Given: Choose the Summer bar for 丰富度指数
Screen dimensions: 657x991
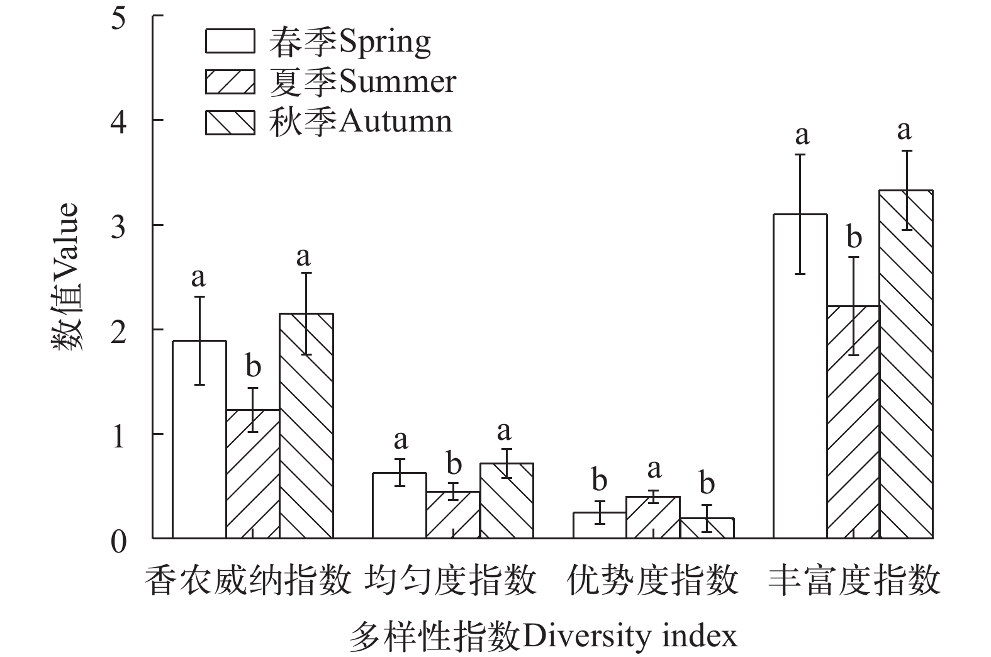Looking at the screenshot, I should pyautogui.click(x=853, y=422).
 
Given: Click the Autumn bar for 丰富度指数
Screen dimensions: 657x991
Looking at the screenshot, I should pyautogui.click(x=906, y=364).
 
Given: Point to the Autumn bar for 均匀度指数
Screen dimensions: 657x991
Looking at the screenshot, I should pyautogui.click(x=507, y=501).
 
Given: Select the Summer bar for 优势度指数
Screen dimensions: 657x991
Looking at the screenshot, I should pyautogui.click(x=653, y=517).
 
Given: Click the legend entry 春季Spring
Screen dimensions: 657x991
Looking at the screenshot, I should pyautogui.click(x=318, y=42).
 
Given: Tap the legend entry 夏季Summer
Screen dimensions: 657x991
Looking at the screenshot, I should pyautogui.click(x=330, y=82).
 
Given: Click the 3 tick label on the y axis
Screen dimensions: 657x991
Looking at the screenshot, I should pyautogui.click(x=118, y=225).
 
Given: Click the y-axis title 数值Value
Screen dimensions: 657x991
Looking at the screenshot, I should pyautogui.click(x=65, y=277).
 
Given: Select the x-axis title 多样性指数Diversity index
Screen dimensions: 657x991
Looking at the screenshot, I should pyautogui.click(x=543, y=637).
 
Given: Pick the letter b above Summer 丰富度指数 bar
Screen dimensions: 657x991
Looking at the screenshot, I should pyautogui.click(x=854, y=238).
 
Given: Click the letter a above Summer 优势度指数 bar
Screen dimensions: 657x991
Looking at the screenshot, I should pyautogui.click(x=654, y=469).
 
